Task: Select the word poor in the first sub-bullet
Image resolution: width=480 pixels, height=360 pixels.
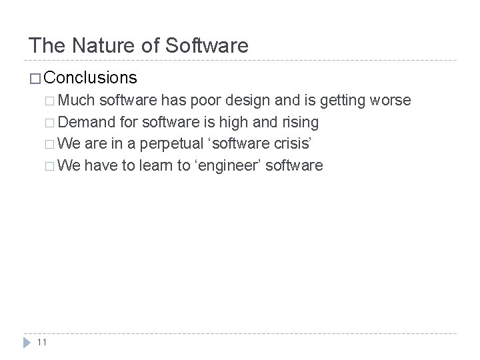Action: coord(205,101)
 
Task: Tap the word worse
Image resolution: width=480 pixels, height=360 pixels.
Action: coord(391,101)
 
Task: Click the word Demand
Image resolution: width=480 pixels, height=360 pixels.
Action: coord(89,122)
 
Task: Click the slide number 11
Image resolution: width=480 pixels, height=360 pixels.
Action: coord(42,342)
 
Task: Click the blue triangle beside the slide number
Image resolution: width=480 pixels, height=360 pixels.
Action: coord(26,342)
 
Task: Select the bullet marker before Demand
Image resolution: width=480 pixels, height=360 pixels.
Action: coord(52,123)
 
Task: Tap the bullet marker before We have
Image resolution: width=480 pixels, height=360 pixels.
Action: coord(52,165)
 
